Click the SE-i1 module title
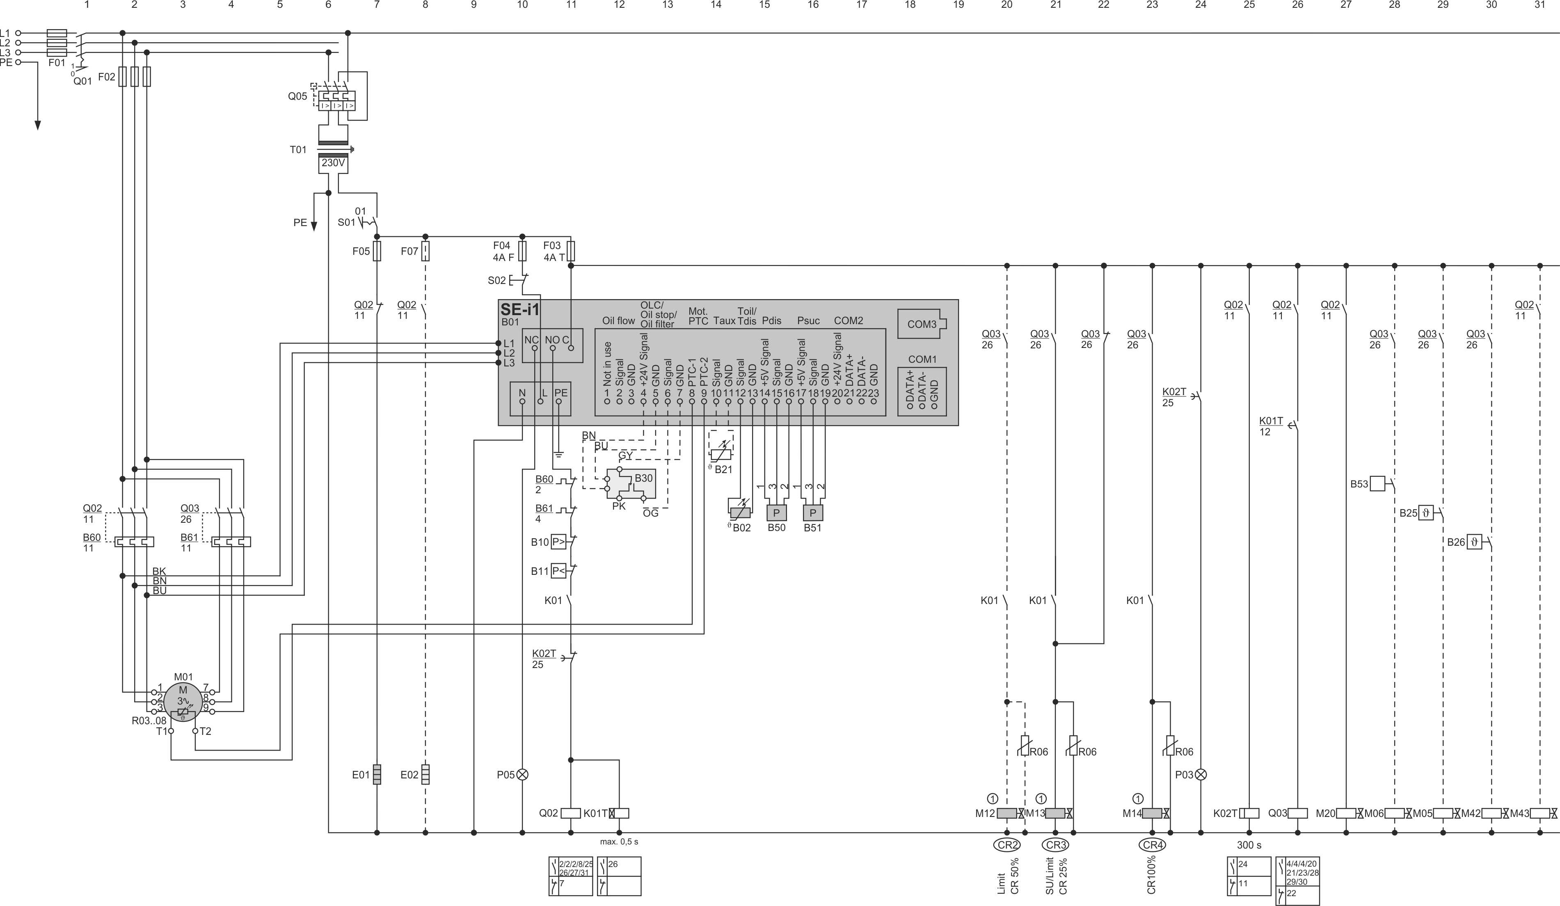coord(520,309)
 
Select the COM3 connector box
coord(922,324)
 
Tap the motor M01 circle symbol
coord(183,702)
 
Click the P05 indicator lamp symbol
coord(522,775)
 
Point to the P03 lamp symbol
coord(1201,775)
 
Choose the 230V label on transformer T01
coord(333,163)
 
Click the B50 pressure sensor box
coord(776,513)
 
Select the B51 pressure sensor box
coord(813,513)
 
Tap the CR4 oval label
coord(1152,845)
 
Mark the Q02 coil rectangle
coord(571,813)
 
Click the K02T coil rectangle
coord(1249,813)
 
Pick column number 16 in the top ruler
coord(813,5)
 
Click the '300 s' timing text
coord(1249,845)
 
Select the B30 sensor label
coord(643,478)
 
